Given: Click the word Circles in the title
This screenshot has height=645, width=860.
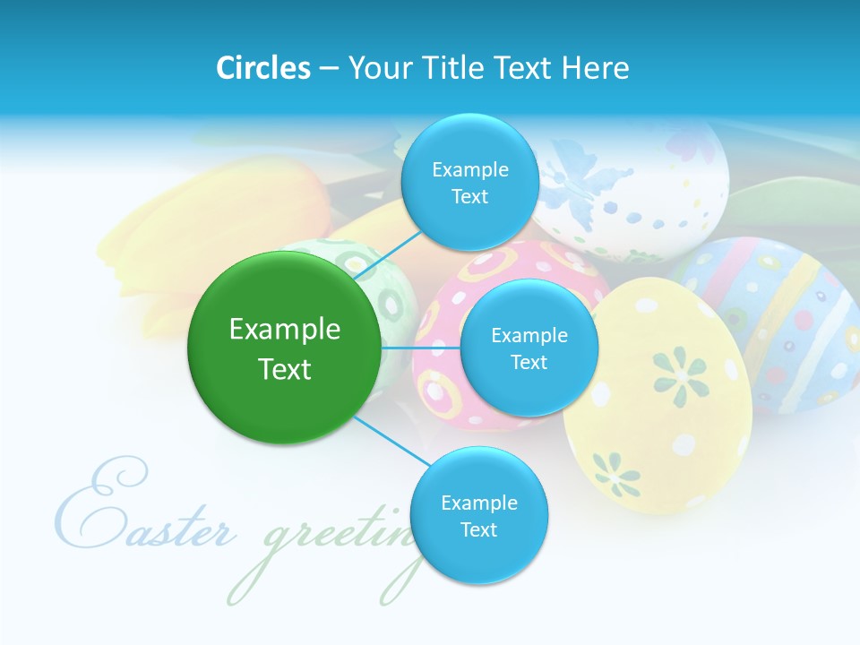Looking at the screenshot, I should (x=263, y=68).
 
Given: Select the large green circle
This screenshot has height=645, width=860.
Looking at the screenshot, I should (x=285, y=348).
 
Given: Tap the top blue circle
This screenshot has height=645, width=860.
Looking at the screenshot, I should (x=469, y=183).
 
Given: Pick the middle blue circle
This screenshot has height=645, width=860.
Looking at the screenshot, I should (x=529, y=348).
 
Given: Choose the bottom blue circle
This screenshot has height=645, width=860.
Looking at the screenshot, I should (x=478, y=516).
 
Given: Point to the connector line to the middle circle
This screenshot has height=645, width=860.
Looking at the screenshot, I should (x=420, y=348).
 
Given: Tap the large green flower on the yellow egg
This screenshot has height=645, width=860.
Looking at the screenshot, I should (x=679, y=374).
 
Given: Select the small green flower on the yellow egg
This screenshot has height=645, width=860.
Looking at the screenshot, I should (x=615, y=472).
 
